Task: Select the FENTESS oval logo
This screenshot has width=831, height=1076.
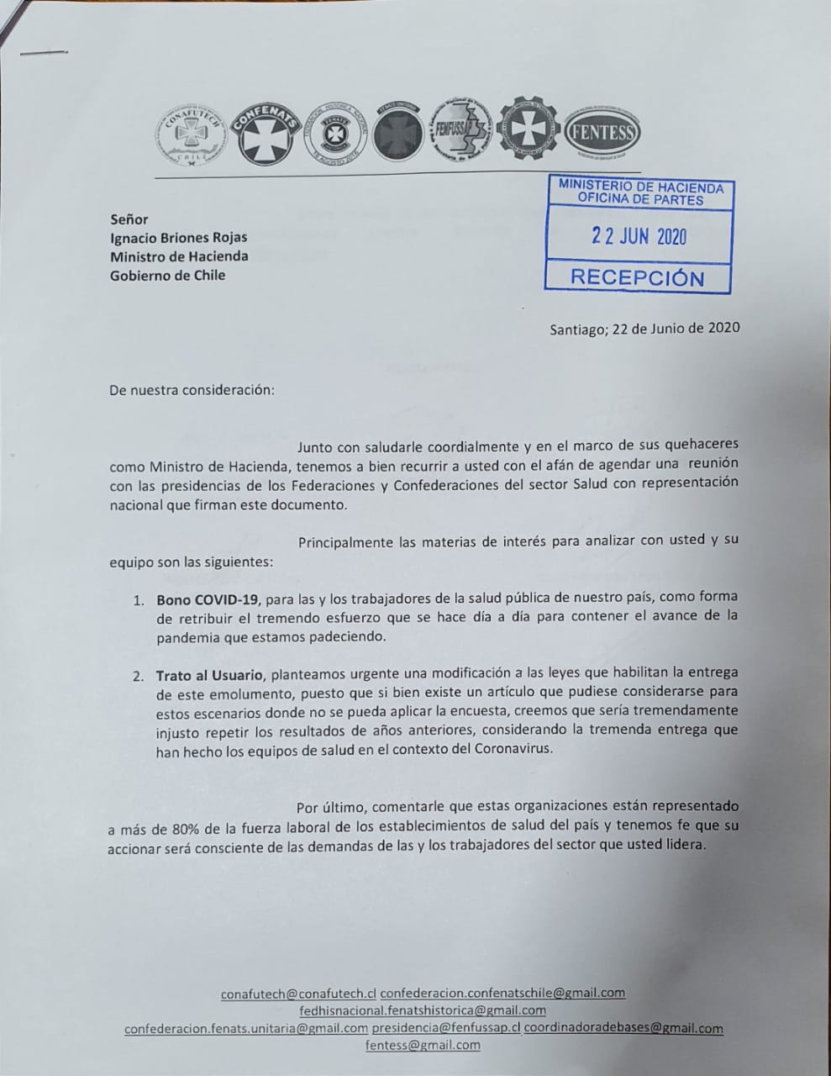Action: click(602, 134)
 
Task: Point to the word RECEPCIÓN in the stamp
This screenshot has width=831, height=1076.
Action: click(637, 278)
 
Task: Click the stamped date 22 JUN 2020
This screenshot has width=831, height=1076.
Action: click(639, 236)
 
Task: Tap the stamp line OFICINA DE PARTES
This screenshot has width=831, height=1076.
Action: click(640, 200)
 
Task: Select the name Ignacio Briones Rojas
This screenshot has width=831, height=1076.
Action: click(178, 238)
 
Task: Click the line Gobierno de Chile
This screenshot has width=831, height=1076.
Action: click(167, 275)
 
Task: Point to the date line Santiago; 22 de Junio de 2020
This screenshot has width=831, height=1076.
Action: click(644, 328)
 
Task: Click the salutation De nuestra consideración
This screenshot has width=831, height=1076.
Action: click(192, 390)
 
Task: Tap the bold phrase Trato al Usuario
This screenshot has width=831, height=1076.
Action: click(210, 675)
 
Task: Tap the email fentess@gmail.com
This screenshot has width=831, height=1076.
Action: click(423, 1045)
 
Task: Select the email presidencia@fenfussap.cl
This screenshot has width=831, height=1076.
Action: click(446, 1028)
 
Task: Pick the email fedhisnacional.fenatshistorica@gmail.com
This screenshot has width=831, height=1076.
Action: click(423, 1010)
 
